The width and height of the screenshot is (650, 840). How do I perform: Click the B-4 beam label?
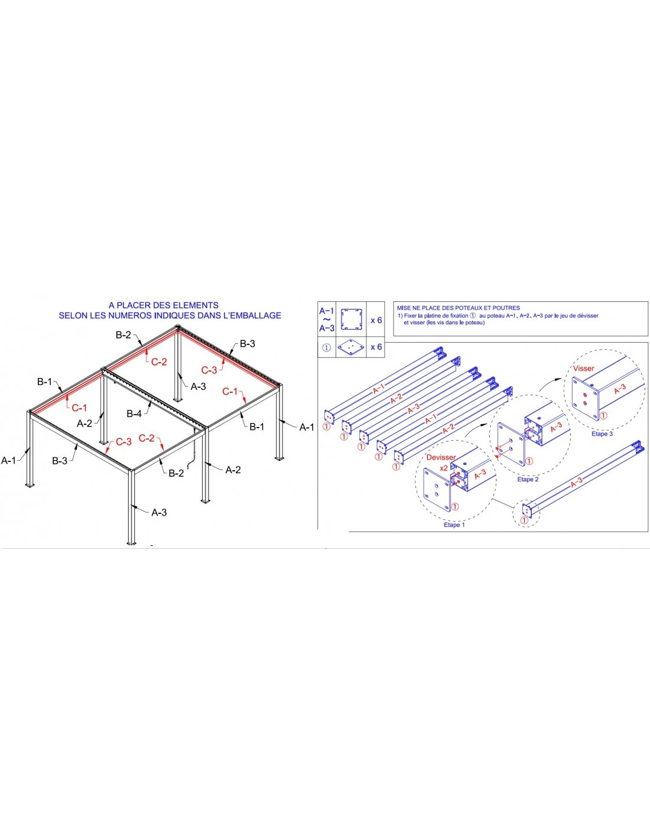coord(134,414)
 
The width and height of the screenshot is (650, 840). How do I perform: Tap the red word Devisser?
coord(441,457)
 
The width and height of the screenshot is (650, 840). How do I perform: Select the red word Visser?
coord(583,369)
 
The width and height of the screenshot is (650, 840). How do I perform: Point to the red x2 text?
coord(443,467)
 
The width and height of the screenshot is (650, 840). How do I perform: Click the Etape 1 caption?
coord(454,525)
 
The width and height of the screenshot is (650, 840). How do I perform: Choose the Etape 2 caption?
coord(528,479)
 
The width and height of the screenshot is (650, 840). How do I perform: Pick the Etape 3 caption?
coord(602,434)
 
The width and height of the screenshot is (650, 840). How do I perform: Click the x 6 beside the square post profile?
coord(376,320)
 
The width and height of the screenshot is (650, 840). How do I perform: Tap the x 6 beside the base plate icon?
coord(376,347)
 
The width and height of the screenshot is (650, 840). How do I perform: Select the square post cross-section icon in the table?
coord(352,320)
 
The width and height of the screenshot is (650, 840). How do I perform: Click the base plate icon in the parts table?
coord(351,347)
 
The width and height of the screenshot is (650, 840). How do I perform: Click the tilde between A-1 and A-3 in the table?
coord(326,320)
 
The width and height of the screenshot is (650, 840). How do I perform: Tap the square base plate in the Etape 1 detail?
coord(437,489)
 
